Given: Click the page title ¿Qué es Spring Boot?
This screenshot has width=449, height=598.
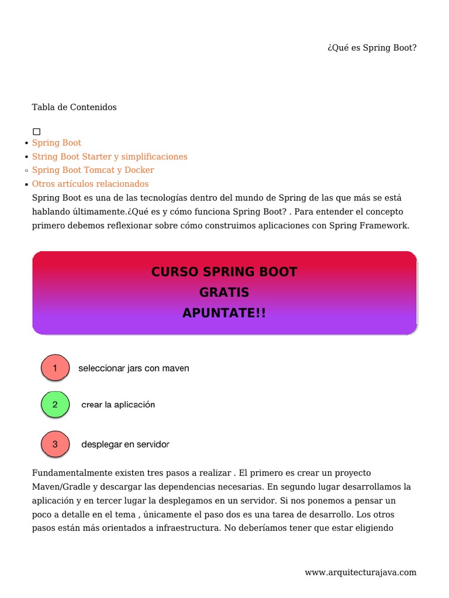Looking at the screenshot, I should click(372, 47).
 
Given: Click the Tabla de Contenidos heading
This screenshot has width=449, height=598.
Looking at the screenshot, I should click(74, 107).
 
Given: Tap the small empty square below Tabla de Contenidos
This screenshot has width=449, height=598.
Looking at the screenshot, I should click(36, 132).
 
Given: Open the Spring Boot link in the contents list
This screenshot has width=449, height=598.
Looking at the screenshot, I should click(57, 142).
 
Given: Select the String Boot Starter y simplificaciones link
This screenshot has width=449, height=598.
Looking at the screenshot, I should click(109, 157).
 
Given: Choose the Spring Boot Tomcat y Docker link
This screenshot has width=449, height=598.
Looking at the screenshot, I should click(93, 170).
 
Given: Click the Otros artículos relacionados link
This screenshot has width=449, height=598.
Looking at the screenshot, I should click(90, 184).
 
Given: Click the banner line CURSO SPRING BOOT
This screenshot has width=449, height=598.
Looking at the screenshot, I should click(224, 272).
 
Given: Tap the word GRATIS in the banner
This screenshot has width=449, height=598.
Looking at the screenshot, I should click(224, 293).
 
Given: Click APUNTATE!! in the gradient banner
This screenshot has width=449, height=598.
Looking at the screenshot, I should click(224, 313).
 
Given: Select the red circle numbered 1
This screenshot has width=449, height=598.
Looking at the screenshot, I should click(55, 368).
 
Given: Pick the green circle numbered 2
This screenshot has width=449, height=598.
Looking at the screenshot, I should click(55, 405).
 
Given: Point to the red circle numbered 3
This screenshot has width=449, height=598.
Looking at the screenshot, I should click(55, 444).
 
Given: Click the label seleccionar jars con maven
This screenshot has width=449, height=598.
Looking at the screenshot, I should click(134, 368).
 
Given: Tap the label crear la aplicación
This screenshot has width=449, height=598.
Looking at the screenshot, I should click(118, 405).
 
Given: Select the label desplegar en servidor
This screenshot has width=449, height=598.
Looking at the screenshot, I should click(125, 444).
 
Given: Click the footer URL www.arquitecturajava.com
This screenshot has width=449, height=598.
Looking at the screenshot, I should click(361, 572).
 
